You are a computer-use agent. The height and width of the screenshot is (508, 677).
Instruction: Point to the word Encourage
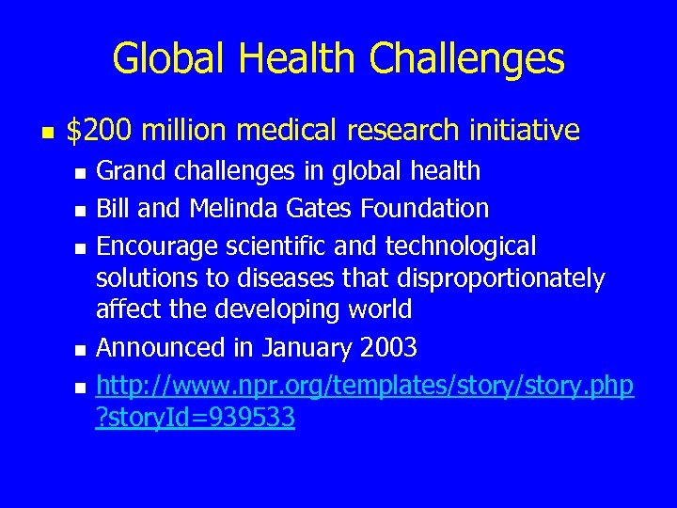click(x=158, y=247)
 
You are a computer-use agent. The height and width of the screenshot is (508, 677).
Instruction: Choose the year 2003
click(x=388, y=348)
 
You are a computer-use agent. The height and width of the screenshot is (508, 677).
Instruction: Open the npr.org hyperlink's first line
click(x=365, y=386)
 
